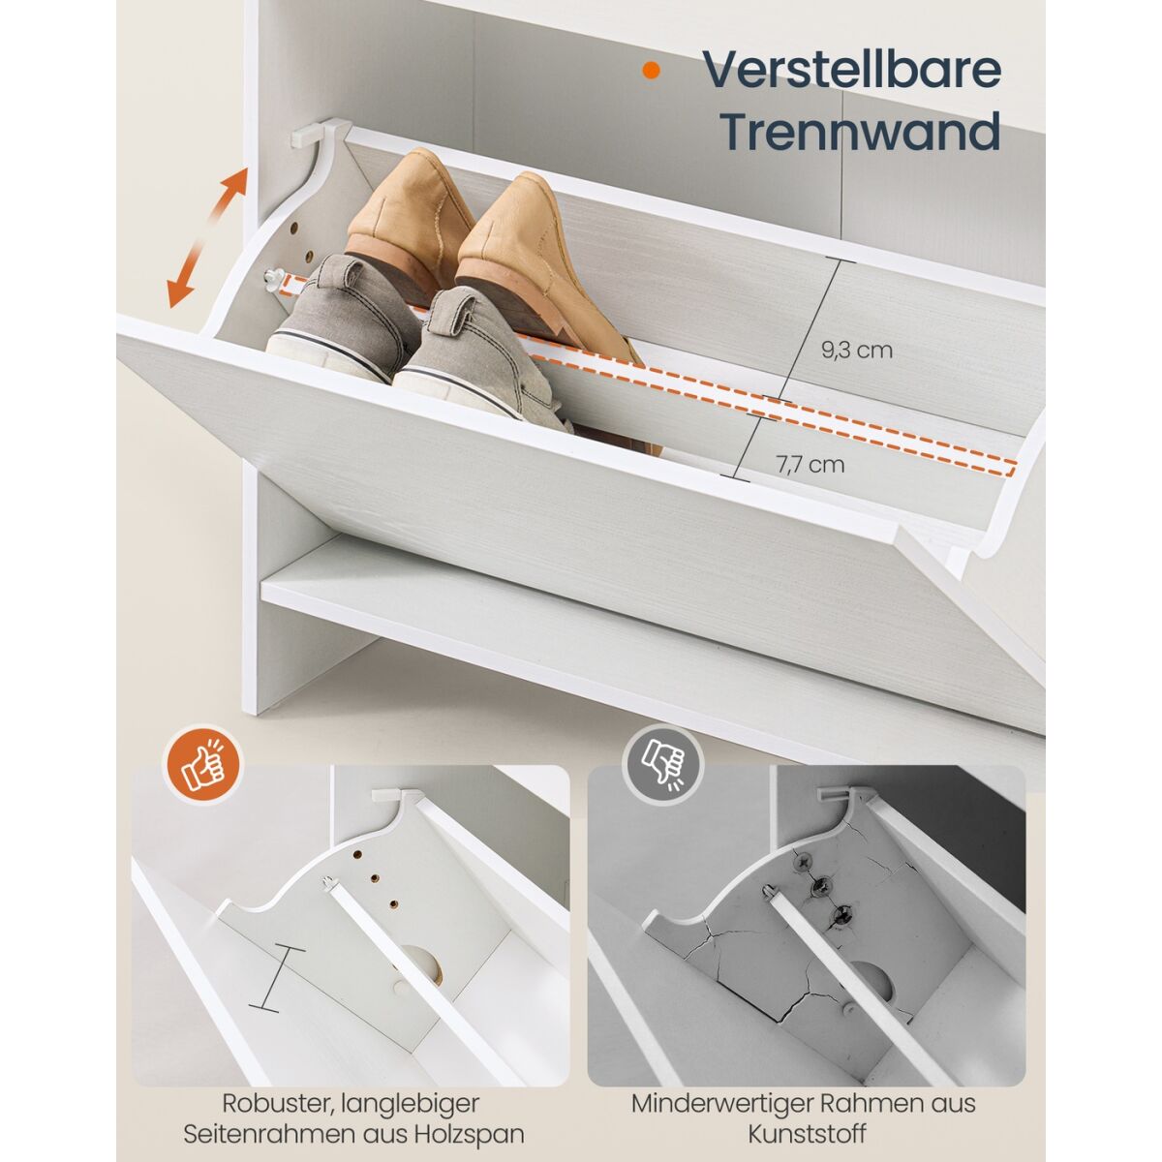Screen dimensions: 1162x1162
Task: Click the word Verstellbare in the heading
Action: tap(851, 71)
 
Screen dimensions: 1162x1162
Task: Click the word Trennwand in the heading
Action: tap(862, 132)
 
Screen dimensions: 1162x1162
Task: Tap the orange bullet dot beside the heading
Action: tap(651, 70)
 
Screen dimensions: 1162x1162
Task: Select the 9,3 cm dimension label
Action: tap(856, 350)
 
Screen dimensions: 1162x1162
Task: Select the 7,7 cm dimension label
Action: tap(810, 465)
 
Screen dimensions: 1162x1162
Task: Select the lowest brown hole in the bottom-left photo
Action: tap(394, 904)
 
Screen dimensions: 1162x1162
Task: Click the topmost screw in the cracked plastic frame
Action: tap(802, 864)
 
